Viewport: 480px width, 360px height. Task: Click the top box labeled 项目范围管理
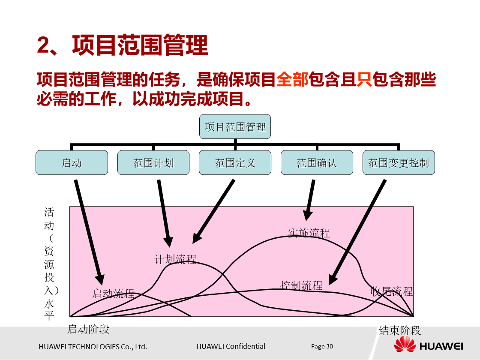(235, 126)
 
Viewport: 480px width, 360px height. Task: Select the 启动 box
(72, 162)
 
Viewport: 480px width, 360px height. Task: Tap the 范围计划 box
(153, 162)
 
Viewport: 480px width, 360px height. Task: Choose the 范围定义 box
(235, 162)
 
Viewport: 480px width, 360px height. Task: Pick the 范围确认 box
(317, 162)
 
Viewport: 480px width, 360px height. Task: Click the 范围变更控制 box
(399, 162)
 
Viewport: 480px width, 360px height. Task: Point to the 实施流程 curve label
(309, 233)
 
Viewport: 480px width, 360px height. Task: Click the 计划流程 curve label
(175, 259)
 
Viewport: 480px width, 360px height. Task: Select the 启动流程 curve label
(113, 294)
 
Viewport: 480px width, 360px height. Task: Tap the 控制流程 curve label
(301, 285)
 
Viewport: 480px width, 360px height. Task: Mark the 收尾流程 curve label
(392, 291)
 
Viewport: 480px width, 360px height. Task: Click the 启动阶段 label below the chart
(89, 329)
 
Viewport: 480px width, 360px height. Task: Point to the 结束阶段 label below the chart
(400, 330)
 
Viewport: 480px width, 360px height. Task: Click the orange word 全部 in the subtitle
(292, 80)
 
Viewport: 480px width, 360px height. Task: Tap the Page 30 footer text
(322, 346)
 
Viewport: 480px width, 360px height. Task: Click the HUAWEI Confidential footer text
(231, 346)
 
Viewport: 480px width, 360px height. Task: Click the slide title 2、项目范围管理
(123, 45)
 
